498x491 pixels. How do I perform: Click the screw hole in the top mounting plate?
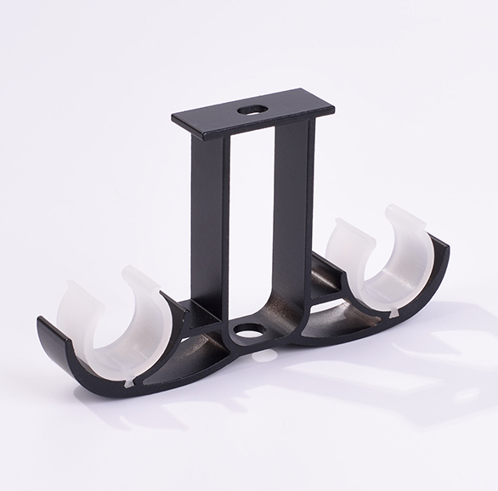tap(252, 110)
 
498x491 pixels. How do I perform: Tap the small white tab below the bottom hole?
tap(266, 355)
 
